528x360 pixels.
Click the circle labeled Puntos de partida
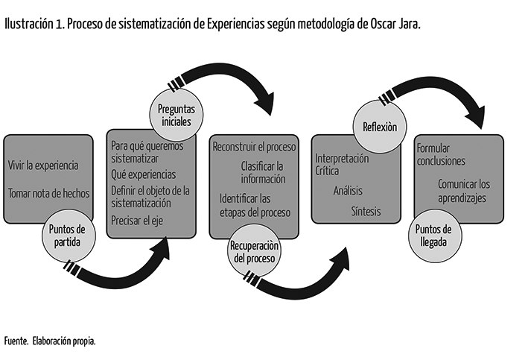click(x=69, y=236)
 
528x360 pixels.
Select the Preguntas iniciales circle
click(x=176, y=115)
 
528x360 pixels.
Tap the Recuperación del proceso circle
click(x=254, y=251)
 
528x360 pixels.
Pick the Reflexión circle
click(x=380, y=127)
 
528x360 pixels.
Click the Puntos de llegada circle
click(x=435, y=236)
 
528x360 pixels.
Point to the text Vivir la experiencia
click(x=43, y=165)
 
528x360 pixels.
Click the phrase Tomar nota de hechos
click(x=49, y=194)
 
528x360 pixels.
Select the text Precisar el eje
click(x=137, y=221)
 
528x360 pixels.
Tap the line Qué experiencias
click(x=144, y=174)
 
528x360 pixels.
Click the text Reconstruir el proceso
click(x=254, y=147)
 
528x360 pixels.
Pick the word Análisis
click(x=348, y=191)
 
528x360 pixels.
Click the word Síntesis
click(x=366, y=212)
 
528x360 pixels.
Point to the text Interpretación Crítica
click(x=342, y=165)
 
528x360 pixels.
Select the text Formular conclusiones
click(x=441, y=154)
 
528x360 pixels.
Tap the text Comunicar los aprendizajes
click(x=464, y=191)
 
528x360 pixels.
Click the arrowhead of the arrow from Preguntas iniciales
click(x=266, y=103)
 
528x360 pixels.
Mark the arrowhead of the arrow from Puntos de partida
click(x=161, y=248)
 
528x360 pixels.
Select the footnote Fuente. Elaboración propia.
click(x=50, y=341)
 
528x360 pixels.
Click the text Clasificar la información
click(x=263, y=173)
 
